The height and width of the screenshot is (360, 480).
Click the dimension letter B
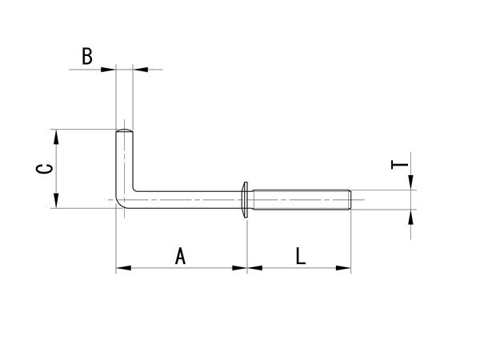tap(87, 56)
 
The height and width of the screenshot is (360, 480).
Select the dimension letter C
tap(45, 169)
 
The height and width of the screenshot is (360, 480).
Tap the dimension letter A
tap(180, 256)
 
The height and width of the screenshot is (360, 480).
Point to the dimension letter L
tap(301, 256)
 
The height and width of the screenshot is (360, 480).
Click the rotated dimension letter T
tap(400, 165)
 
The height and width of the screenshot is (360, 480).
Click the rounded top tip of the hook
tap(124, 131)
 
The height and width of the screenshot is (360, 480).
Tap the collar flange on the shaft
tap(245, 199)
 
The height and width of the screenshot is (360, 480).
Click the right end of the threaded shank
tap(350, 199)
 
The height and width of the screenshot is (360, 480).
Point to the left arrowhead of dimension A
tap(123, 268)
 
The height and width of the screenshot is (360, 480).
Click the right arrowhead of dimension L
tap(343, 268)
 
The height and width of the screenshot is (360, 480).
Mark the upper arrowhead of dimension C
tap(56, 137)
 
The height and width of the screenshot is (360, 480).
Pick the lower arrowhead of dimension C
tap(56, 201)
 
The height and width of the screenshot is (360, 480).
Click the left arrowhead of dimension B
tap(108, 70)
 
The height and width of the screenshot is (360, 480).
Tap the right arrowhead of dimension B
tap(141, 70)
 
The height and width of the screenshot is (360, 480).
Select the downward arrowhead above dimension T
tap(411, 182)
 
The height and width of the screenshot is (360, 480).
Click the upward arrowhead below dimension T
tap(411, 218)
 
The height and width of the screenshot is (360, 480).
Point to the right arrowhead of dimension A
tap(240, 268)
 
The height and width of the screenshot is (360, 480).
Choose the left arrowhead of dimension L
tap(254, 268)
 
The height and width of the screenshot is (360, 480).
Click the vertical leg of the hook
tap(124, 162)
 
